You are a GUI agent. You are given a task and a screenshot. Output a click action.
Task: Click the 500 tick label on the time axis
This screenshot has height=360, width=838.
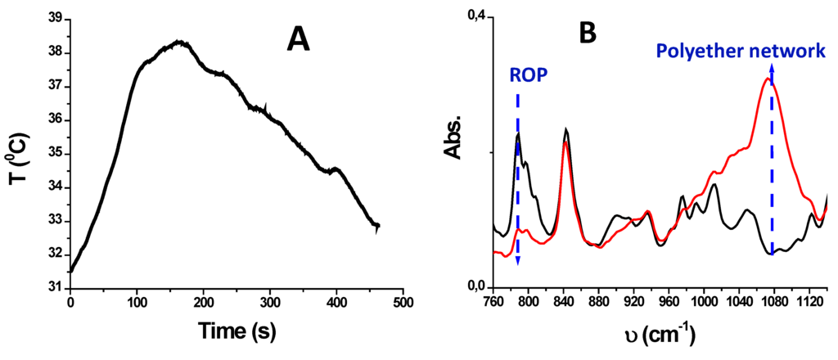(402, 303)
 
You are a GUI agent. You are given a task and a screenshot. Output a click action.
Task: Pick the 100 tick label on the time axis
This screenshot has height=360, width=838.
(137, 303)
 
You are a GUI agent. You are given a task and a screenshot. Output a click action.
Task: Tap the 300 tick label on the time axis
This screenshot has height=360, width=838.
(269, 303)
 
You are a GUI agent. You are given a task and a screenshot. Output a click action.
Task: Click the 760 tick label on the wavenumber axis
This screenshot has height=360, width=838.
(493, 302)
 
